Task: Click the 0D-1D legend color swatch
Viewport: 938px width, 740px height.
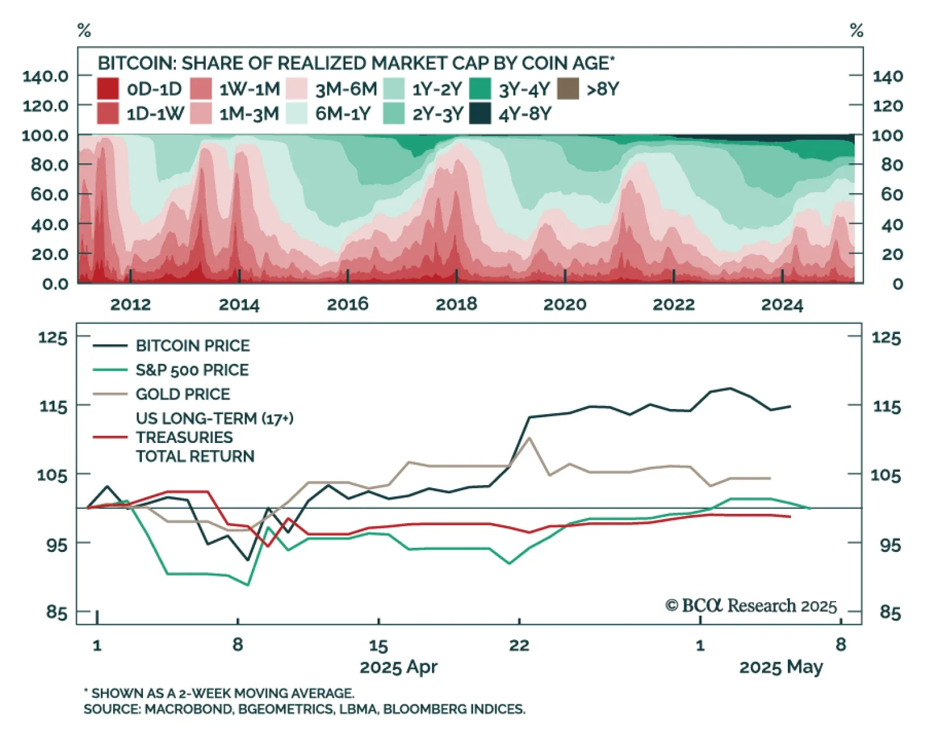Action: (x=108, y=89)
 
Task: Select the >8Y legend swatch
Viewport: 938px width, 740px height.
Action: (x=567, y=89)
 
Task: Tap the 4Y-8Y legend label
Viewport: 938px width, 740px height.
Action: (x=525, y=114)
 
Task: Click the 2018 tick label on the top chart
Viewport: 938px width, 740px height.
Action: (x=456, y=304)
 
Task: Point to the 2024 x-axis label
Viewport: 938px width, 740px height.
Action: (x=781, y=305)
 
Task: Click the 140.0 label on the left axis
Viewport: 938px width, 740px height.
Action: (x=45, y=76)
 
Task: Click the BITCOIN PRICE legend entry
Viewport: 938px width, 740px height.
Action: (x=192, y=346)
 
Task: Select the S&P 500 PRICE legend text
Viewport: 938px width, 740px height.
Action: (x=192, y=370)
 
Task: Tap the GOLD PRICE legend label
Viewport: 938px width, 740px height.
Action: (x=183, y=394)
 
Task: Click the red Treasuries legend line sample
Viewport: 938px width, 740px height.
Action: (x=110, y=437)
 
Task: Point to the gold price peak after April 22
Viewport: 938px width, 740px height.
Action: (x=529, y=438)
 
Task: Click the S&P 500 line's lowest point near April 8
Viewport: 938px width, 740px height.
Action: (x=249, y=585)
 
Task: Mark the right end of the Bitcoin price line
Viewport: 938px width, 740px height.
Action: (x=790, y=406)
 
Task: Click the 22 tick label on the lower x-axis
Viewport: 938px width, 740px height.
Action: (x=519, y=646)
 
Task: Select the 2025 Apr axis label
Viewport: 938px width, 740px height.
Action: (x=398, y=667)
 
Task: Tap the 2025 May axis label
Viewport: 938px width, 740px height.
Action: (x=780, y=667)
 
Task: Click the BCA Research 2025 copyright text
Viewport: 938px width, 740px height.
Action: (x=751, y=606)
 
